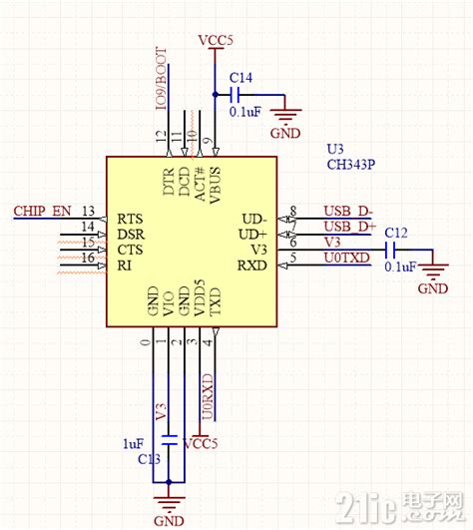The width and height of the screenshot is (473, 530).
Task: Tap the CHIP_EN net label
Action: pyautogui.click(x=42, y=212)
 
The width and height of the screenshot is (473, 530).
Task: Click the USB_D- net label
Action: pyautogui.click(x=348, y=212)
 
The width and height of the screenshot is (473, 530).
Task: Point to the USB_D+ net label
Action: pyautogui.click(x=349, y=228)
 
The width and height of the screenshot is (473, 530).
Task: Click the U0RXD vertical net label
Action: pyautogui.click(x=208, y=396)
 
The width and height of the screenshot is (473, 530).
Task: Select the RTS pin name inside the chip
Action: pyautogui.click(x=130, y=219)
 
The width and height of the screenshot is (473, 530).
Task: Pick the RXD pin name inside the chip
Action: pyautogui.click(x=253, y=265)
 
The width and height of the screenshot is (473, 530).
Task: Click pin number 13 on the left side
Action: pyautogui.click(x=88, y=212)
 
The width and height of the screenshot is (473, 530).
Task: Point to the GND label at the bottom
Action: pyautogui.click(x=170, y=520)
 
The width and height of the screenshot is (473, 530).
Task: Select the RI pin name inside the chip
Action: pyautogui.click(x=124, y=265)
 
